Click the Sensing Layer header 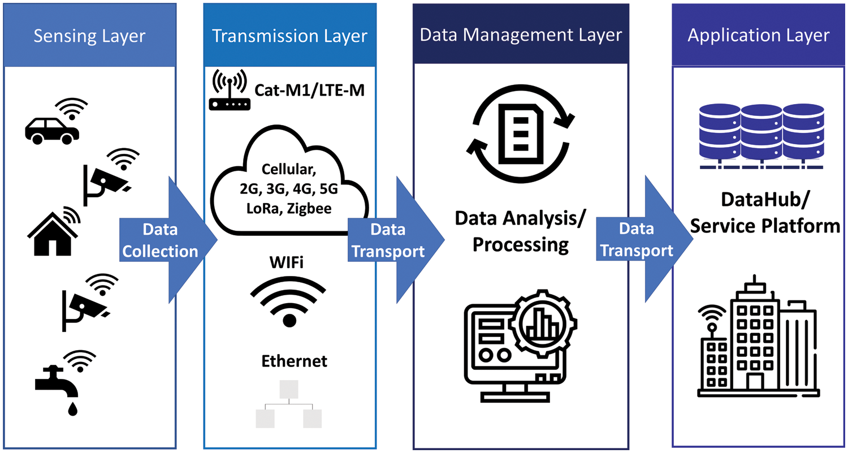pyautogui.click(x=89, y=36)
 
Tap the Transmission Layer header pyautogui.click(x=289, y=36)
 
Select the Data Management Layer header pyautogui.click(x=521, y=35)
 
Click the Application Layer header pyautogui.click(x=758, y=36)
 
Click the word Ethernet pyautogui.click(x=294, y=361)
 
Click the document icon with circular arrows pyautogui.click(x=520, y=130)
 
